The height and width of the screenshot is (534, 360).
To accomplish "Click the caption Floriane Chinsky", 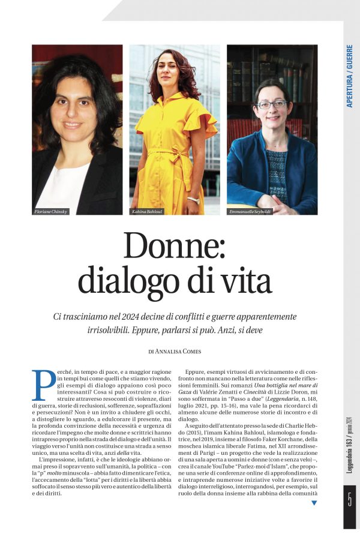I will (x=52, y=212).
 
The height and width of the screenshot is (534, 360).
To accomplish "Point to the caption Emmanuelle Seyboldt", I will (x=251, y=212).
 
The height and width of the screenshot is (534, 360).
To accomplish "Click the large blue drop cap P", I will (x=43, y=385).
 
